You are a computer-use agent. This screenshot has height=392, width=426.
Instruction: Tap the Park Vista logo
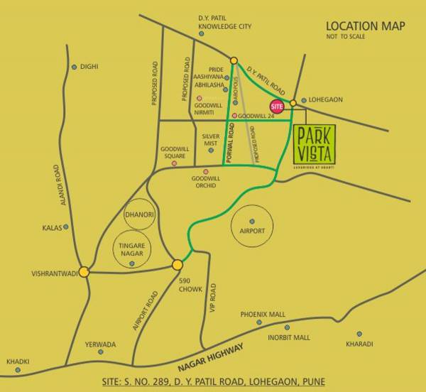314,143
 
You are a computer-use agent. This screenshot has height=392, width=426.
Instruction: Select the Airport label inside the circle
252,232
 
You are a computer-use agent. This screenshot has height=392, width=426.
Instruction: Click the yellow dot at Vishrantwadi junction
84,271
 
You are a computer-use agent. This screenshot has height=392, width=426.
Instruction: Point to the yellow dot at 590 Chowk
177,264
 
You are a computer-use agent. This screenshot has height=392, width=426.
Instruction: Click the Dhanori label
138,214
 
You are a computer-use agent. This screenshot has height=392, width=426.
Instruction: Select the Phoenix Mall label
262,313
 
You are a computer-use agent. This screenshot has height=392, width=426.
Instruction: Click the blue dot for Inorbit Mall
287,327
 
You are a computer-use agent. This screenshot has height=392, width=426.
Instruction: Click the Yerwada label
99,344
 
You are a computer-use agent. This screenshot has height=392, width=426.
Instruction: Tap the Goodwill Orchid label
206,182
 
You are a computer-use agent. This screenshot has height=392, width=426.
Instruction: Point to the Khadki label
18,361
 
